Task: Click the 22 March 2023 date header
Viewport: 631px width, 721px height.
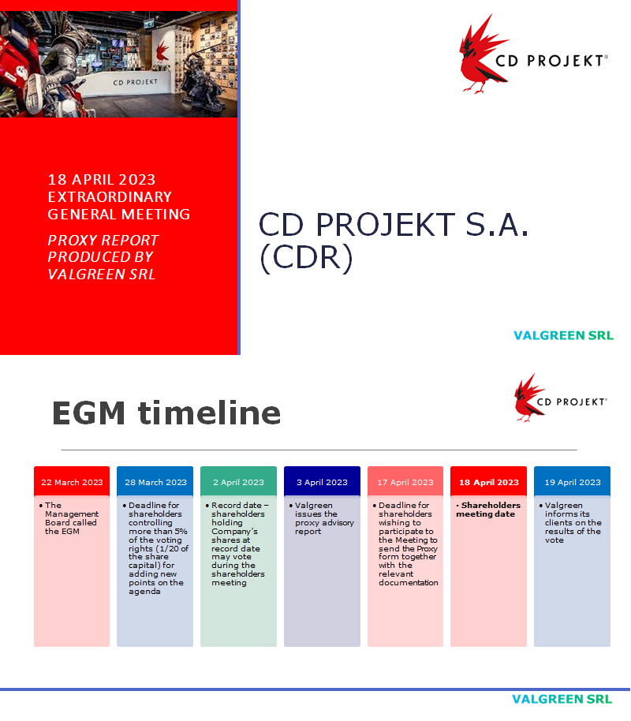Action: tap(72, 482)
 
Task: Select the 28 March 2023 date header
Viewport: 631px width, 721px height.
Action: tap(155, 482)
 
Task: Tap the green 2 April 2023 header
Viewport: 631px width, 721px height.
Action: tap(238, 482)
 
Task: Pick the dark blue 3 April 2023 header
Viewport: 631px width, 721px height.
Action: tap(322, 482)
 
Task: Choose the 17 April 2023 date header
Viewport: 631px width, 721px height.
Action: tap(405, 482)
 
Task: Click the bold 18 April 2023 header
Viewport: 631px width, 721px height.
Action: tap(489, 482)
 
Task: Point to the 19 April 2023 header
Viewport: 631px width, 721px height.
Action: tap(572, 482)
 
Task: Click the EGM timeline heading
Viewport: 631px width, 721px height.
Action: tap(166, 413)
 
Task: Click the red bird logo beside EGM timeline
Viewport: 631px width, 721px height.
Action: tap(529, 398)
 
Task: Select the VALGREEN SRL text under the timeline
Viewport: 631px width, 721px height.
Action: tap(562, 699)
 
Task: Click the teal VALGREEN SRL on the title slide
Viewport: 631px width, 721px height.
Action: tap(563, 335)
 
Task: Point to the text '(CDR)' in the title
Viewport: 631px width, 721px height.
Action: tap(305, 260)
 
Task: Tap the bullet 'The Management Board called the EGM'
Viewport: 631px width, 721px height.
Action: tap(72, 518)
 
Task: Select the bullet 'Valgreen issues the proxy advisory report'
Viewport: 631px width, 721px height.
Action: tap(323, 518)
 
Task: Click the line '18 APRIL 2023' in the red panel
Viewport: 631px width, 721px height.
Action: tap(102, 181)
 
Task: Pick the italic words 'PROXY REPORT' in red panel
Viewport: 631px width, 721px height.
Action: tap(103, 240)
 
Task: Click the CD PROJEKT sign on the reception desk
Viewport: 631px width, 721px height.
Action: tap(135, 81)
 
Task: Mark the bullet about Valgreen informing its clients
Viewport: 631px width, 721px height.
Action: tap(573, 522)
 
